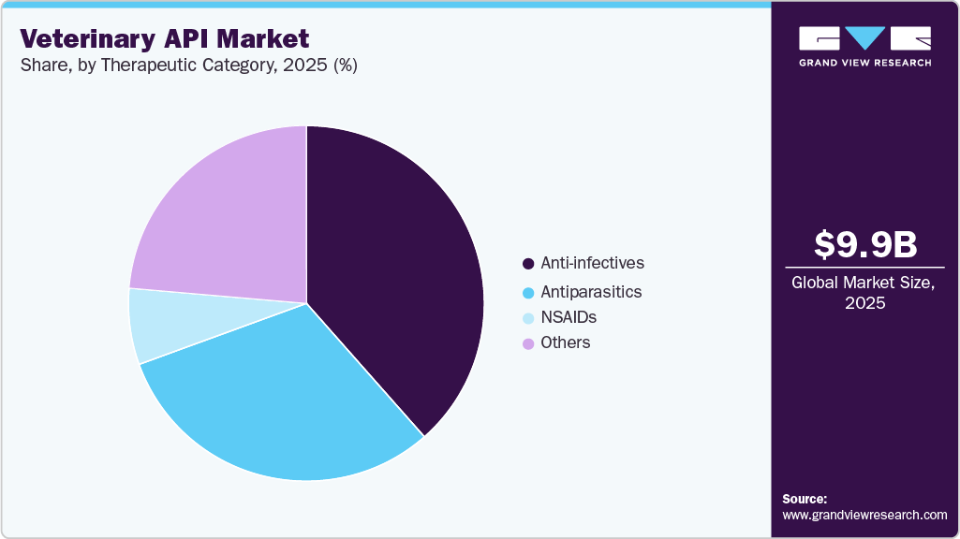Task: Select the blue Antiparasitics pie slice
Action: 281,402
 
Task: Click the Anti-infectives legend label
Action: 592,263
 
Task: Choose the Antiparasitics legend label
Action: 591,292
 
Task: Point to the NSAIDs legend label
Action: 569,317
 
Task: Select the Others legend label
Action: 566,342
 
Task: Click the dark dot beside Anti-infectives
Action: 528,264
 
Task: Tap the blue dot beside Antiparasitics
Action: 528,293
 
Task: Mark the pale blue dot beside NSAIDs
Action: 528,318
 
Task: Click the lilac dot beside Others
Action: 528,343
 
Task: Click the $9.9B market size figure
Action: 864,244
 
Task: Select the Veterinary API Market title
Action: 165,39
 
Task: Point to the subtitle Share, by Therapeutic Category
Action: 188,66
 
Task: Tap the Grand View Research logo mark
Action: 864,38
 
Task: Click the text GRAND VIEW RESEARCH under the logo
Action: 864,63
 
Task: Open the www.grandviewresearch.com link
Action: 864,515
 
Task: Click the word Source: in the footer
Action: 805,499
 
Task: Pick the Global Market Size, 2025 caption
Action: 864,292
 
